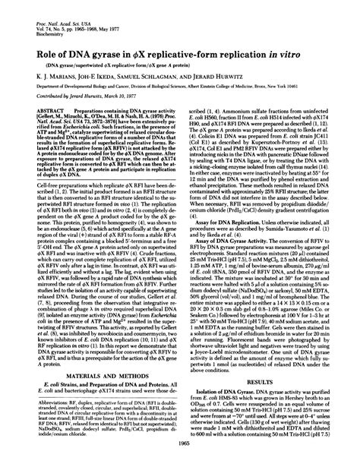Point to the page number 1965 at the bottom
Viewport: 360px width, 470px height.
click(x=180, y=462)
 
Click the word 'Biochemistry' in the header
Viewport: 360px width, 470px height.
click(x=36, y=16)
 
